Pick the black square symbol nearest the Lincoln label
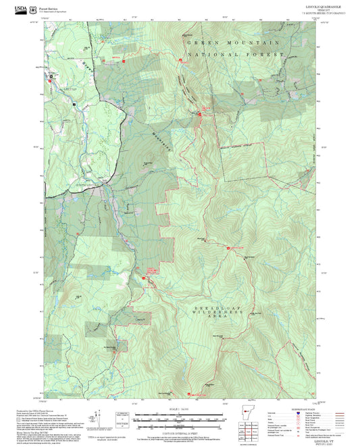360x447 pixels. coord(74,105)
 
